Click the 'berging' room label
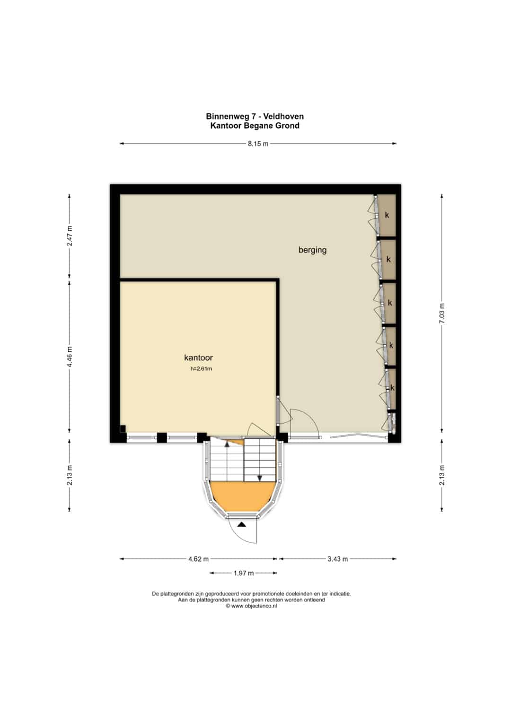(312, 250)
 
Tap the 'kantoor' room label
(198, 357)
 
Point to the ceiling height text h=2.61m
(201, 369)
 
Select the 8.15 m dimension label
(258, 144)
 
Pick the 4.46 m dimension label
(70, 356)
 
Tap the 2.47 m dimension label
(70, 235)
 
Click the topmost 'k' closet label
(387, 215)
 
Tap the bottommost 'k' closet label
(392, 388)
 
